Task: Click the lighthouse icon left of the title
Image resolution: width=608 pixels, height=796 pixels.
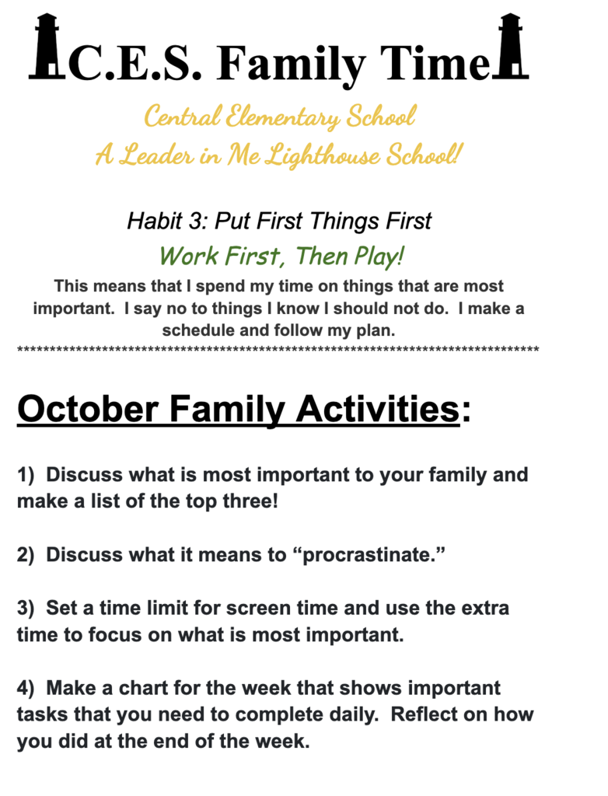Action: [48, 48]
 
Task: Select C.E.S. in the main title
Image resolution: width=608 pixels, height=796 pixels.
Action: [136, 65]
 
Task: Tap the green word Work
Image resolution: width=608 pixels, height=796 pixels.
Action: [185, 255]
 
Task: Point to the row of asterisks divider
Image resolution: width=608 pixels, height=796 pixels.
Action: [278, 351]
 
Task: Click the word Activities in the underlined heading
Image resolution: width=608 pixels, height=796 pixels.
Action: [377, 409]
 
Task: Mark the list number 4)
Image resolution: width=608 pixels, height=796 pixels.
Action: [27, 688]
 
